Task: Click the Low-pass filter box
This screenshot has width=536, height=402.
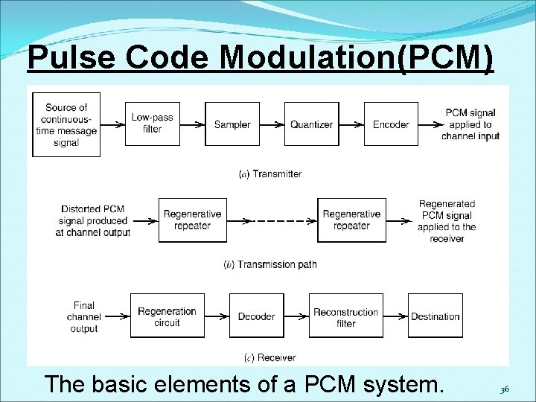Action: tap(152, 124)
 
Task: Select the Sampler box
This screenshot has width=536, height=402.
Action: tap(232, 124)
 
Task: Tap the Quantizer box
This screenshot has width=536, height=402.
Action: tap(311, 124)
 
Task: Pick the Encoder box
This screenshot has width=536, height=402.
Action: tap(391, 124)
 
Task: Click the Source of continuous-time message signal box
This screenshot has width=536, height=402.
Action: tap(66, 124)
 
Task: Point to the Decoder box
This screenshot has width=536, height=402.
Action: tap(256, 316)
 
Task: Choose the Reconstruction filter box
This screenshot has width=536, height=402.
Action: tap(345, 316)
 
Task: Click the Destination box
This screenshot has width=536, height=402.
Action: tap(435, 316)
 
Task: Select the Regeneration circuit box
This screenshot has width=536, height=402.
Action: tap(167, 316)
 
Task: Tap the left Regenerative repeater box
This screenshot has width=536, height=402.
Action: tap(192, 220)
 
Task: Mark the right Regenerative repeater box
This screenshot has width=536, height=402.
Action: tap(351, 220)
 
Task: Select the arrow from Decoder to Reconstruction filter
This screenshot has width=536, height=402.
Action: tap(296, 316)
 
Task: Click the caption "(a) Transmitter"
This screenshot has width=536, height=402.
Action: tap(270, 174)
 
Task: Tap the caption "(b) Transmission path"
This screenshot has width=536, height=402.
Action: tap(270, 264)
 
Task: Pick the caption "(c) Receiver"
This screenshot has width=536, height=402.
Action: tap(270, 358)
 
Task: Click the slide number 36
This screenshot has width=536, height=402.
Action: tap(504, 388)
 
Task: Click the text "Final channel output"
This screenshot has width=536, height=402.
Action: tap(84, 316)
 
